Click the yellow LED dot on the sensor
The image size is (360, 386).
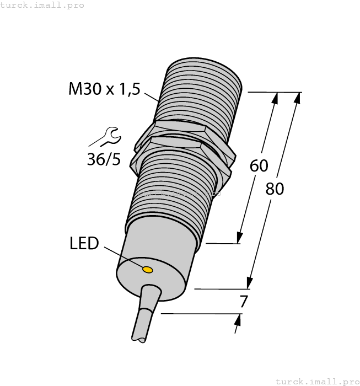148,269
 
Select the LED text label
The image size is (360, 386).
84,243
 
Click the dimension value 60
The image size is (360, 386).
259,165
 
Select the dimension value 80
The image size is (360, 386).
275,189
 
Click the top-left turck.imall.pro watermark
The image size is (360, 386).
42,5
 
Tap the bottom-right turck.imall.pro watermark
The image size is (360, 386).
317,381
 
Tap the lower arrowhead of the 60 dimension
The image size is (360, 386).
240,238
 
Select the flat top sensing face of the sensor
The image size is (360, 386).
204,72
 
